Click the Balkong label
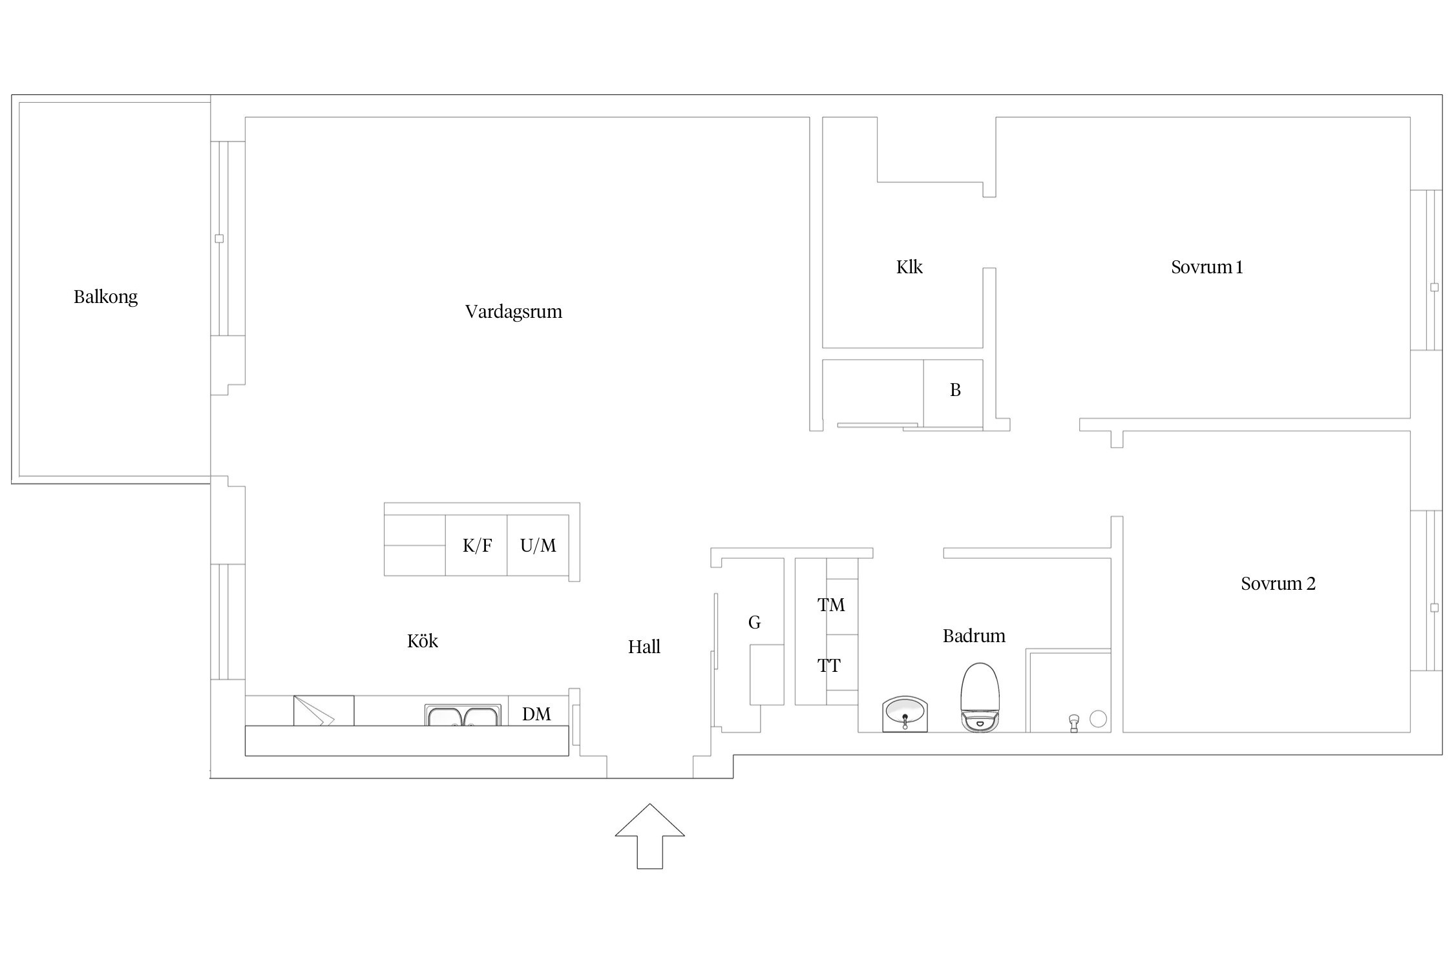pos(105,297)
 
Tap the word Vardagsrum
pos(514,312)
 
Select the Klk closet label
pos(909,267)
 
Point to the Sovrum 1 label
pos(1207,267)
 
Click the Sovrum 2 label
pos(1278,583)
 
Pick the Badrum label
pos(974,636)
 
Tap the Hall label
pos(644,647)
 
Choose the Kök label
pos(423,641)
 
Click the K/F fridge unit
pos(476,545)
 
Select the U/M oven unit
pos(538,545)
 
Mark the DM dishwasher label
pos(536,714)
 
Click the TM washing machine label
pos(831,605)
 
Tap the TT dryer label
pos(829,665)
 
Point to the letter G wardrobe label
pos(754,622)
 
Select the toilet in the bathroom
pos(980,698)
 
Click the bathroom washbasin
pos(905,714)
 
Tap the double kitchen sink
pos(463,715)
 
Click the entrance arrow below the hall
pos(649,836)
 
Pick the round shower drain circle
pos(1098,718)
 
